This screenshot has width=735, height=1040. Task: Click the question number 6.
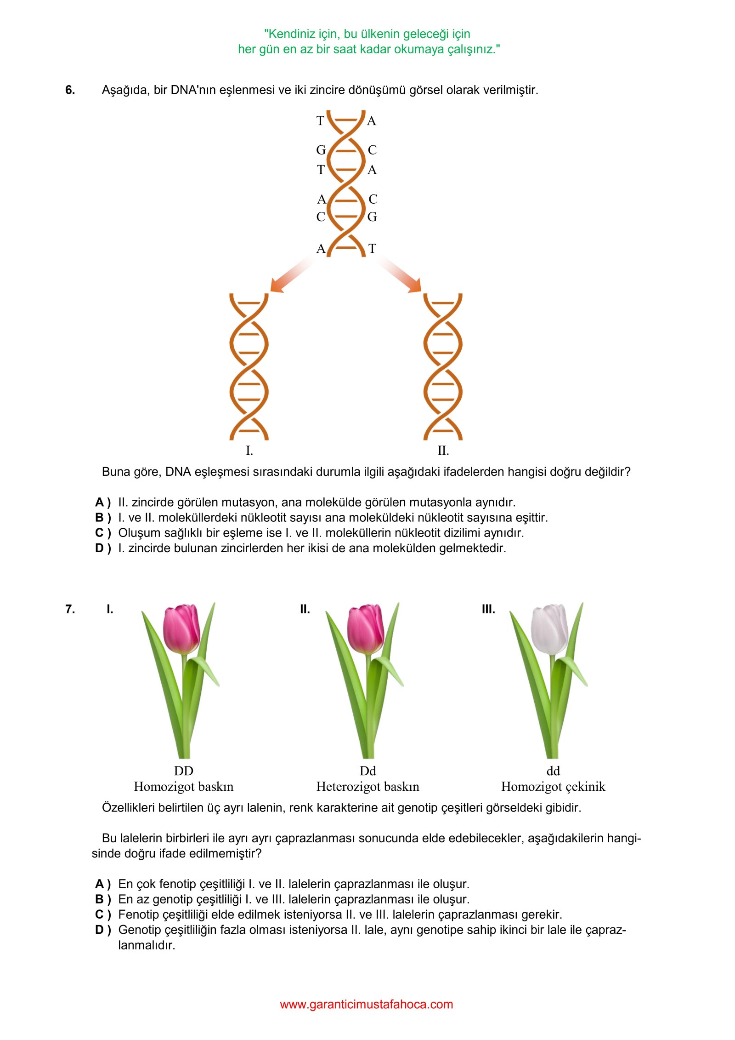pyautogui.click(x=70, y=90)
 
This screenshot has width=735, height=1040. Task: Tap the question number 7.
pyautogui.click(x=70, y=609)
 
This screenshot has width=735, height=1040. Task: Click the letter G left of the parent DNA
pyautogui.click(x=321, y=150)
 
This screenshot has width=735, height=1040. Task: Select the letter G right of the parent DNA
pyautogui.click(x=372, y=217)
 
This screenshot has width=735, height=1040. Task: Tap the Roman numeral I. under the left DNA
pyautogui.click(x=249, y=451)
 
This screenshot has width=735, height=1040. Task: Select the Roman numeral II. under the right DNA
pyautogui.click(x=443, y=451)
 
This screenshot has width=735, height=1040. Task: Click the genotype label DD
pyautogui.click(x=183, y=771)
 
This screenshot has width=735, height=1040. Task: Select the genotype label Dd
pyautogui.click(x=367, y=771)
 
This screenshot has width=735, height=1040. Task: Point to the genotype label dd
pyautogui.click(x=553, y=771)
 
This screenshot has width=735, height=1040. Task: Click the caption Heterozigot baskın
pyautogui.click(x=367, y=787)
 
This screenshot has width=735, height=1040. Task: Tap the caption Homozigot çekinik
pyautogui.click(x=553, y=787)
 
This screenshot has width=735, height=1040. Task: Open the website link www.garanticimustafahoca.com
pyautogui.click(x=366, y=1004)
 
